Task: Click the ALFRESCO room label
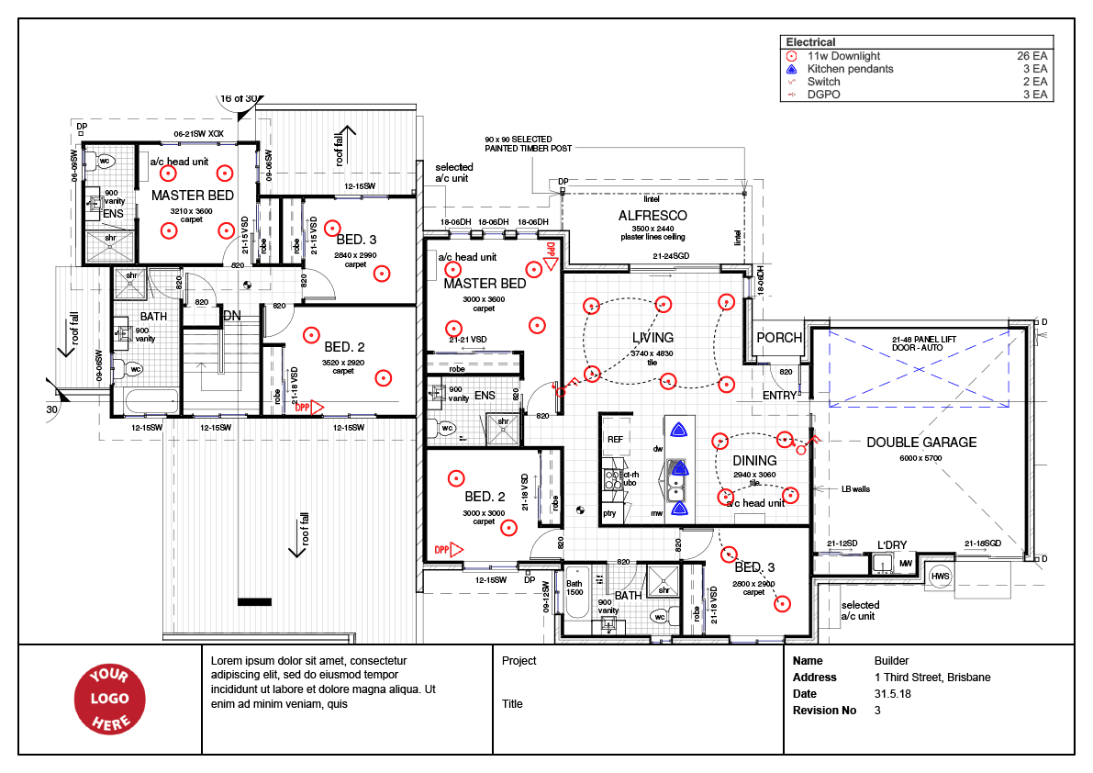(x=652, y=216)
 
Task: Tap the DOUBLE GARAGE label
(x=921, y=443)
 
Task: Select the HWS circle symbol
(x=940, y=577)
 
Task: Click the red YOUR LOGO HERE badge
(x=110, y=700)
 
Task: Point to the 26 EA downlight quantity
(x=1032, y=56)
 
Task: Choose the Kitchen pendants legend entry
(x=850, y=69)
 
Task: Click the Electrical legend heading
(x=810, y=42)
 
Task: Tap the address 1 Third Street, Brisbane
(x=932, y=678)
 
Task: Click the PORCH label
(x=779, y=338)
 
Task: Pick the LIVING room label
(x=652, y=338)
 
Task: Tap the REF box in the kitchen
(x=615, y=440)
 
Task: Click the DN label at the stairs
(x=232, y=316)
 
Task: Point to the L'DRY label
(x=891, y=545)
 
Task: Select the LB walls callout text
(x=855, y=489)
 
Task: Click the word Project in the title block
(x=519, y=661)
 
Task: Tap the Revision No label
(x=824, y=711)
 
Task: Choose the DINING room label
(x=754, y=461)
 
